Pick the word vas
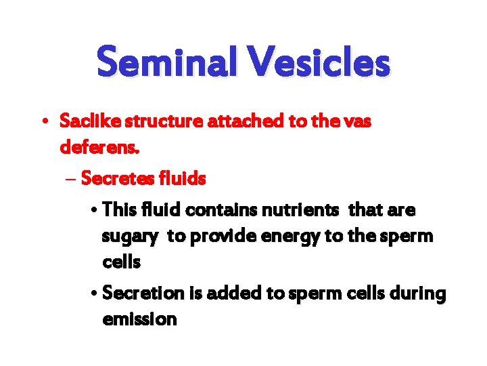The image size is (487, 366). pyautogui.click(x=356, y=122)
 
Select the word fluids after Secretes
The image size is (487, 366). pyautogui.click(x=181, y=179)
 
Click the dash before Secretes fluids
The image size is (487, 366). pyautogui.click(x=71, y=179)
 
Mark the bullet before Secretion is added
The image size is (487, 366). pyautogui.click(x=93, y=294)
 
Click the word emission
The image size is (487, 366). pyautogui.click(x=139, y=319)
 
